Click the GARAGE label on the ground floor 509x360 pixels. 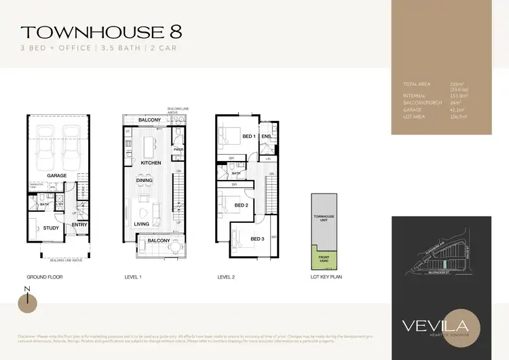[x=57, y=176]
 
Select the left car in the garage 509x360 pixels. [x=44, y=147]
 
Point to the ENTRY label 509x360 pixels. [x=79, y=224]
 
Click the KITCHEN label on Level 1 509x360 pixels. [x=150, y=164]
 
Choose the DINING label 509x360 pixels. [x=143, y=181]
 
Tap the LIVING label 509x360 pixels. [x=141, y=224]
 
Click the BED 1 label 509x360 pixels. [x=249, y=137]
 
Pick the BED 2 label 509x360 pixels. [x=240, y=204]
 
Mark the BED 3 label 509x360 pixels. [x=257, y=239]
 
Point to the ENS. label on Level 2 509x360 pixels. [x=267, y=137]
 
